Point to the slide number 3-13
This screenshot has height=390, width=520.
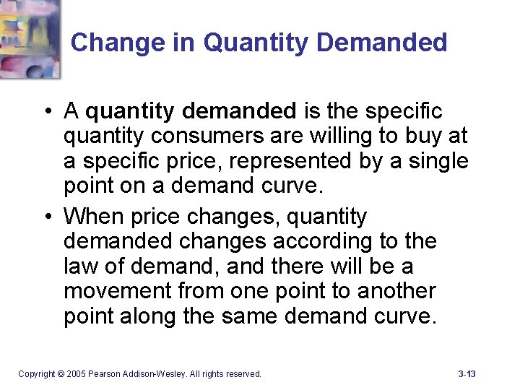tap(467, 374)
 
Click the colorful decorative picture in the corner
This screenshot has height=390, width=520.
tap(30, 36)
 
